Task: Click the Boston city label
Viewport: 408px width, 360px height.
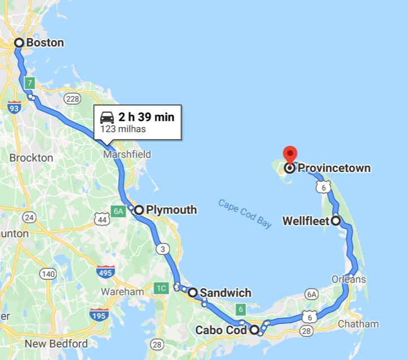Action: (45, 43)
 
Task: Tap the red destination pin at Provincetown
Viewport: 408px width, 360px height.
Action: (289, 155)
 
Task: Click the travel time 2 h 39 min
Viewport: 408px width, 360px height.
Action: (146, 117)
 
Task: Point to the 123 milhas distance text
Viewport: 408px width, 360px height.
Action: (123, 129)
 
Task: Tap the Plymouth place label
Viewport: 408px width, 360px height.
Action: (171, 210)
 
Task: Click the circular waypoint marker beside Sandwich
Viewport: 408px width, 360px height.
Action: (193, 293)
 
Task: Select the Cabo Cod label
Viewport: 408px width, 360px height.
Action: (220, 330)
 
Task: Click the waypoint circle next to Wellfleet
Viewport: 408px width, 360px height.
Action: (336, 221)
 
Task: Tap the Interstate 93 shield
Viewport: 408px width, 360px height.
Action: (15, 107)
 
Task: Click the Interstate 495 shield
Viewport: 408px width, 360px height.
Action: (106, 272)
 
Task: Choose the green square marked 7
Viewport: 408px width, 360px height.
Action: (30, 82)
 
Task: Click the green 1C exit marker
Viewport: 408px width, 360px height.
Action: (161, 289)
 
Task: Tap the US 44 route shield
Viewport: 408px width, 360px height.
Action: (102, 218)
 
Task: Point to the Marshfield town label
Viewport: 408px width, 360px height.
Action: (127, 154)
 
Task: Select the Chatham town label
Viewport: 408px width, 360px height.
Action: (358, 324)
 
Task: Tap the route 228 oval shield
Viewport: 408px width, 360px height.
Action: (72, 99)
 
